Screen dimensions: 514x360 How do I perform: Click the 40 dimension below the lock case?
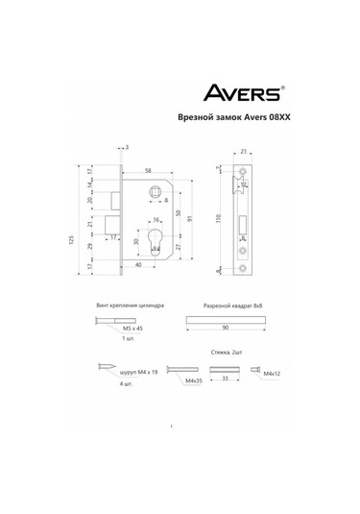coord(139,264)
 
